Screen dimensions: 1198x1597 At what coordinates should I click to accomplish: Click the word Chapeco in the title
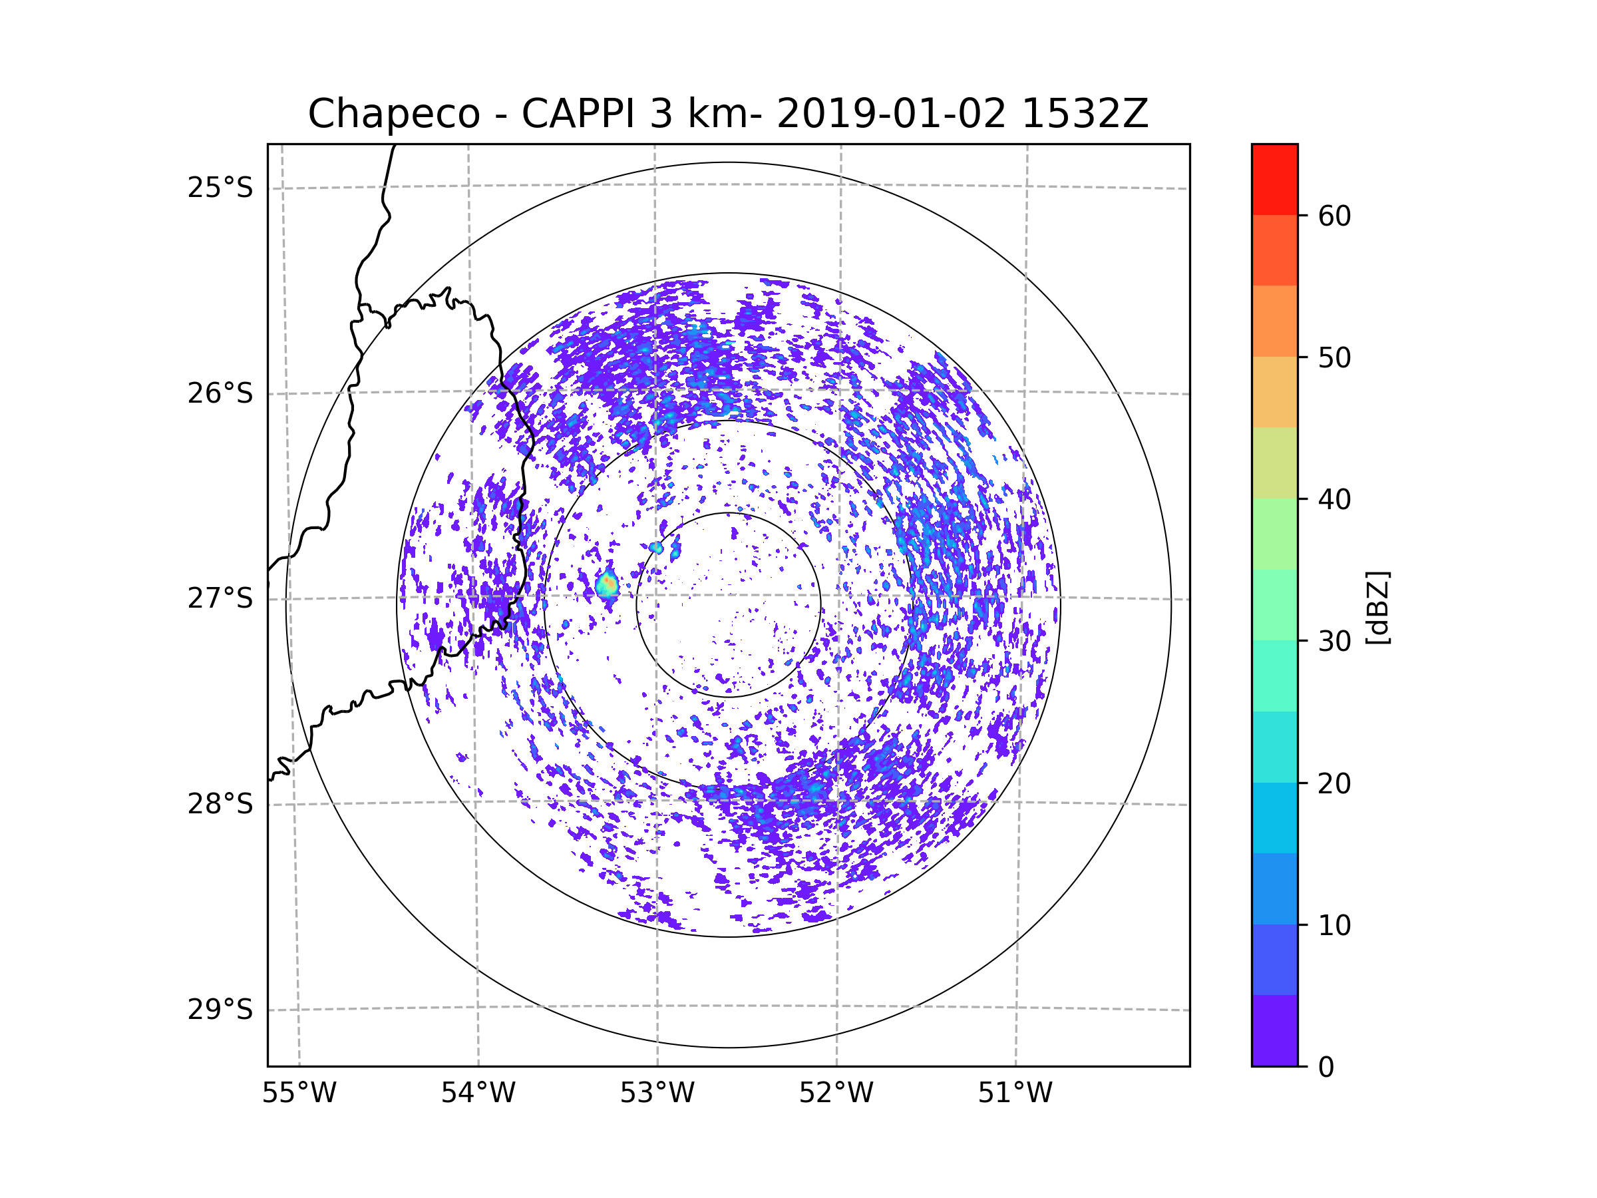[393, 114]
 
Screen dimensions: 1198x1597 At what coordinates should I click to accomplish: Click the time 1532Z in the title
[1085, 114]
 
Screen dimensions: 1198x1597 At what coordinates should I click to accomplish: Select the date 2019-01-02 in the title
[891, 114]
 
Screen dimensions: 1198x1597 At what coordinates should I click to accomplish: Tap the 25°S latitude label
[220, 188]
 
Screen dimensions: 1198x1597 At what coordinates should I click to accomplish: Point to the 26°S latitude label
[220, 393]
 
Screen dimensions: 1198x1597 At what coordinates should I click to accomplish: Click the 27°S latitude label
[220, 598]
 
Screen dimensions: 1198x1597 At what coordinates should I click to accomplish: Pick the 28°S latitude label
[220, 804]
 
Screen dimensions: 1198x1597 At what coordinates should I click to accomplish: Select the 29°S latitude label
[220, 1010]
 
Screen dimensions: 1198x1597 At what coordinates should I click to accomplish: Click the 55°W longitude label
[299, 1094]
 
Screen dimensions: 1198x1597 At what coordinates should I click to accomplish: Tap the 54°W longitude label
[478, 1094]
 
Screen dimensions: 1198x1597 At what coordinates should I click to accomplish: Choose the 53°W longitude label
[657, 1094]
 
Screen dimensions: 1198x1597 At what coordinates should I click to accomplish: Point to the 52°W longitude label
[836, 1094]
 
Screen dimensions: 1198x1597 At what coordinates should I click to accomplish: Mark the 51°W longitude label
[1015, 1094]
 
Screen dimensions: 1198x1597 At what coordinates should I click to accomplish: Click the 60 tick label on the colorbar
[1334, 216]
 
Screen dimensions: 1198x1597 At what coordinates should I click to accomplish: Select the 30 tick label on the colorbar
[1334, 641]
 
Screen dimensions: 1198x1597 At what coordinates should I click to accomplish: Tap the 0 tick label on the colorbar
[1326, 1068]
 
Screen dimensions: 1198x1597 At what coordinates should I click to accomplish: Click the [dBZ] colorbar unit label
[1377, 607]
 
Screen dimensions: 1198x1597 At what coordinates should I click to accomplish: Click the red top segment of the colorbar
[1274, 179]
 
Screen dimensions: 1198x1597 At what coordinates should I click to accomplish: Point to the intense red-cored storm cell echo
[607, 584]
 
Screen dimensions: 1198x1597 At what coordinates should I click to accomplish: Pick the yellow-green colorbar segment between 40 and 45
[1274, 463]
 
